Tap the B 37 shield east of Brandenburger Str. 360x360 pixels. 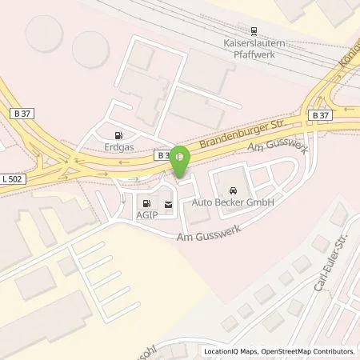320,115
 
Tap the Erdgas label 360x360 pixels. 118,147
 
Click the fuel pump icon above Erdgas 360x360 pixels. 119,136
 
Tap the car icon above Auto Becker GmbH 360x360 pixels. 233,191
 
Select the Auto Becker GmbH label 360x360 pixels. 233,203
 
